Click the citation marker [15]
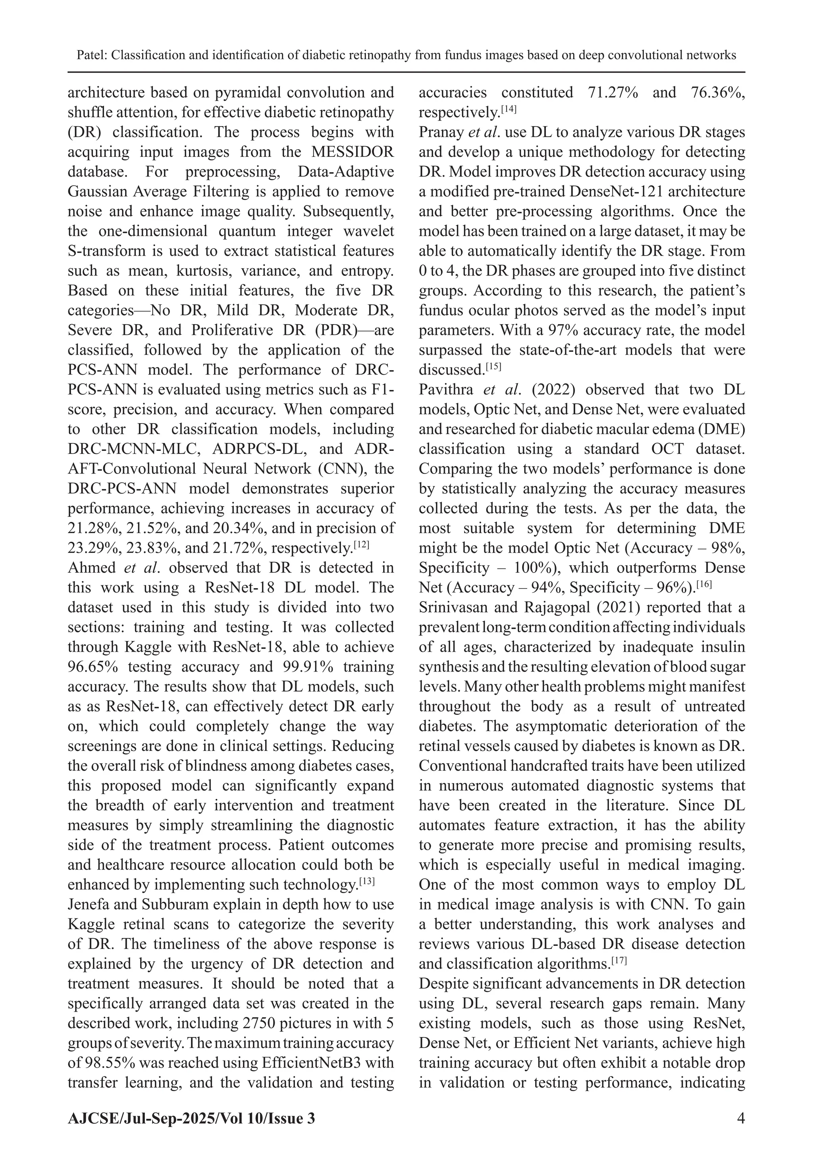pyautogui.click(x=493, y=366)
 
